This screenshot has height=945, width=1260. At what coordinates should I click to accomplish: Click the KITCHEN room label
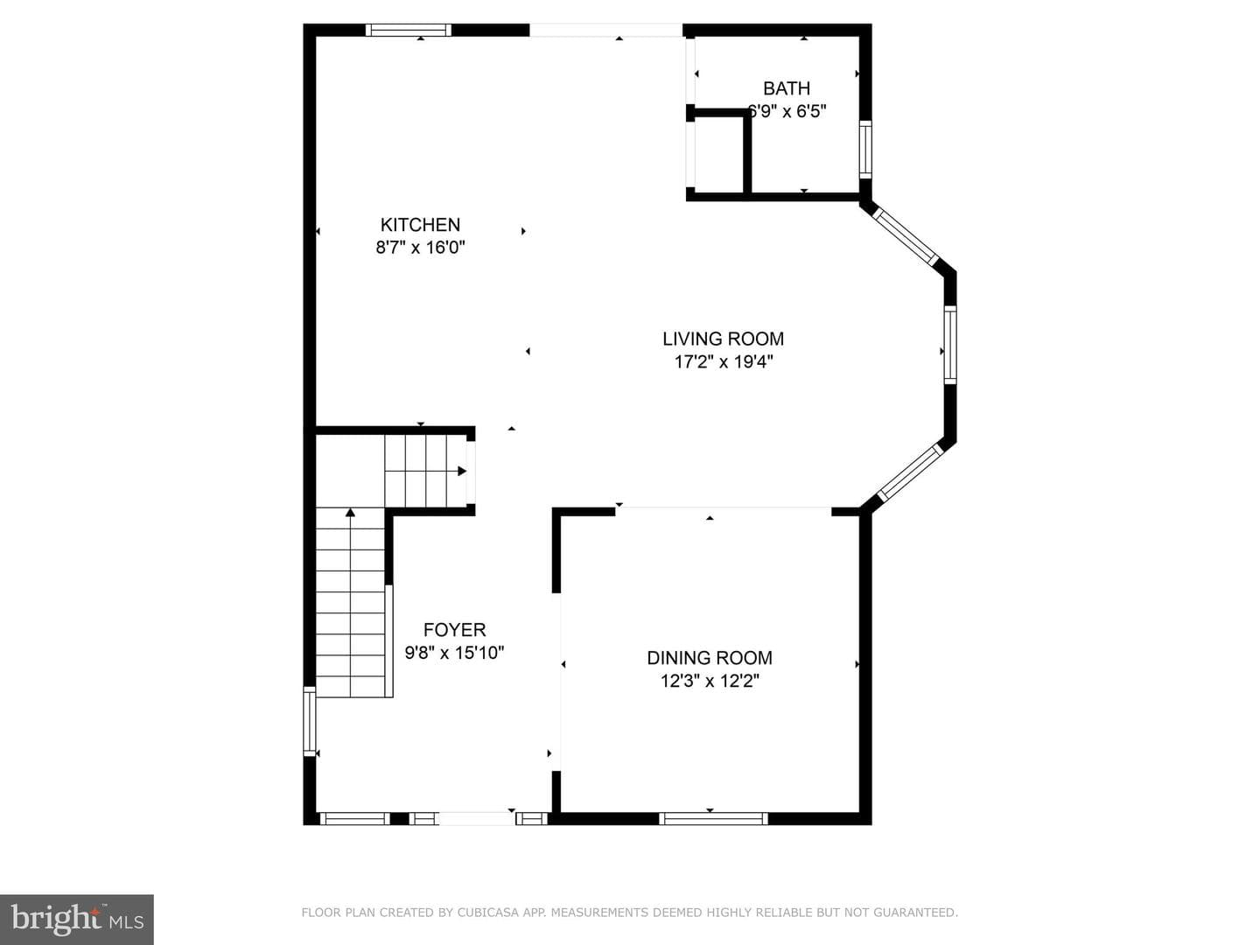pos(420,224)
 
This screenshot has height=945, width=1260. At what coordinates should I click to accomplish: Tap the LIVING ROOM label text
pos(724,339)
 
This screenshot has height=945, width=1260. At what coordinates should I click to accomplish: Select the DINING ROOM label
pos(710,658)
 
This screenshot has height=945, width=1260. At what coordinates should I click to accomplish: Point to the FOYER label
pos(455,630)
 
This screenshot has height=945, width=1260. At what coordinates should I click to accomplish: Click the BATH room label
pos(787,88)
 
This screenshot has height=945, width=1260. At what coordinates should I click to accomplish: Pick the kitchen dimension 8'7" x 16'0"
pos(420,248)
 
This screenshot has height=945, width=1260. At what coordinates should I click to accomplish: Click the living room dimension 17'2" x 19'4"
pos(724,362)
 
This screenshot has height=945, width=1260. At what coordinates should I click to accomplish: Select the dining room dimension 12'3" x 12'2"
pos(710,681)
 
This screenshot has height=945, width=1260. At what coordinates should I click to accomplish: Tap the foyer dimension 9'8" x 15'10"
pos(455,653)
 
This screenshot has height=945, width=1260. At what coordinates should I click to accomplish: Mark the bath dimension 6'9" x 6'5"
pos(787,111)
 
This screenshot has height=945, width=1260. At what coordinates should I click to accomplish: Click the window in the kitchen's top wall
pos(409,30)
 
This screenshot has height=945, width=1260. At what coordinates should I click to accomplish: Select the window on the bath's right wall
pos(865,150)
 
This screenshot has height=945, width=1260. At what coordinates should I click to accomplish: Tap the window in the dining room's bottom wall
pos(713,818)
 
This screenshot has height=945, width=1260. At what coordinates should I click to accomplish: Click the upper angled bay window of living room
pos(906,236)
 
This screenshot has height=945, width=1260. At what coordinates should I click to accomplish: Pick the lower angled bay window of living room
pos(910,472)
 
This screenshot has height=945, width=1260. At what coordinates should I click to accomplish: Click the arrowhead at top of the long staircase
pos(350,513)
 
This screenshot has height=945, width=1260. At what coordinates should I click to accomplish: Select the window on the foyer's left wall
pos(310,721)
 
